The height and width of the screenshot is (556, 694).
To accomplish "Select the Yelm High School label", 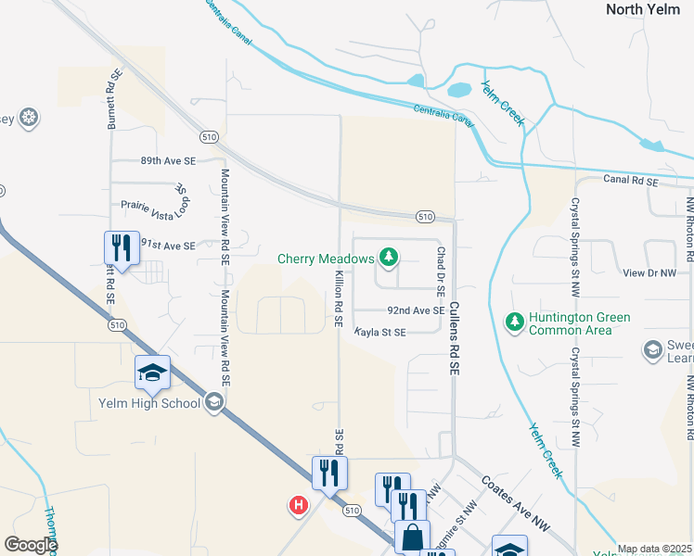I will point(149,403).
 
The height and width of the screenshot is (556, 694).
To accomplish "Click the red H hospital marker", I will point(299,505).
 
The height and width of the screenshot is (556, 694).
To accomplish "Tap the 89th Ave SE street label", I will point(168,160).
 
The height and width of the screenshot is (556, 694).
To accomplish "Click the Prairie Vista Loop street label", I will point(155,203).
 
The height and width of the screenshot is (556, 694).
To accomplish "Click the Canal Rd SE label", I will point(630,179).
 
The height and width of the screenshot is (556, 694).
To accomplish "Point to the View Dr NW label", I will point(650,273).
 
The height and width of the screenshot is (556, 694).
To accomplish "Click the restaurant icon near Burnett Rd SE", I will point(121,247).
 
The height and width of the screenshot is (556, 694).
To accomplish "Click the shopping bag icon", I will point(412,537).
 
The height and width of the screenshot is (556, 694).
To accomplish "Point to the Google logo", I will point(30,545).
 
